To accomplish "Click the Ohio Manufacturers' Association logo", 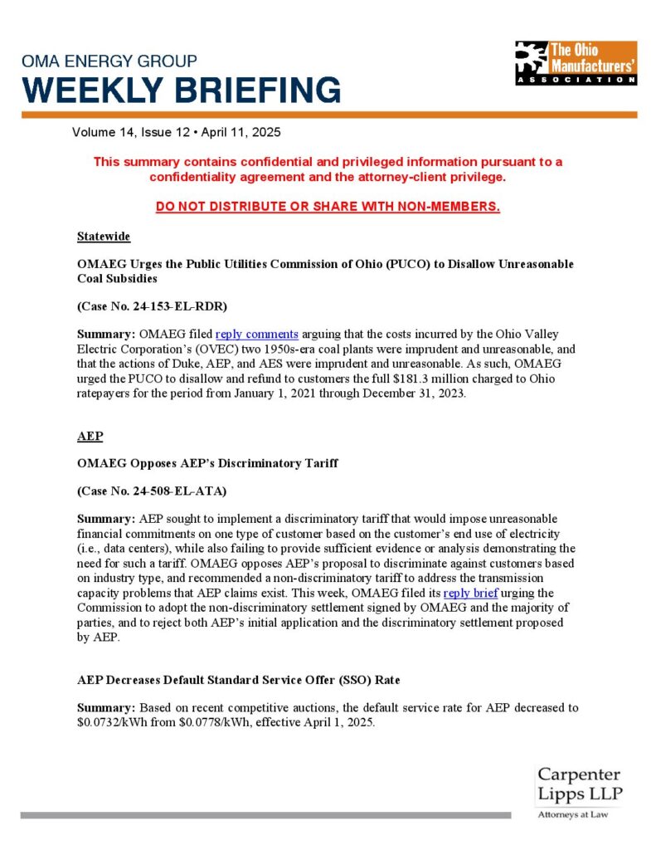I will (x=576, y=62).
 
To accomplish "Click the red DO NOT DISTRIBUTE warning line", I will (x=328, y=207).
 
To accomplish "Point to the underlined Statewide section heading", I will (x=103, y=237).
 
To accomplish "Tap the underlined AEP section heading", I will (x=90, y=436).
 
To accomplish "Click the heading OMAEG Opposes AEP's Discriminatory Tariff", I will (x=207, y=463).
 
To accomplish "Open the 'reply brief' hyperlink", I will (x=470, y=593).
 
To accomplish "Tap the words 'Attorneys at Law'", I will (x=573, y=815).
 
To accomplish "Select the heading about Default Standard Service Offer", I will (x=239, y=680).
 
